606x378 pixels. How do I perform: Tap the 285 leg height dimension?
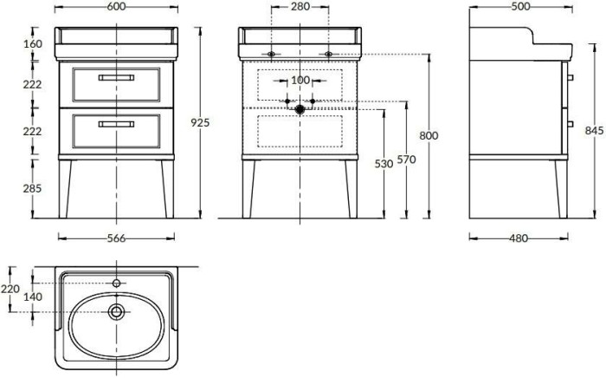click(x=33, y=188)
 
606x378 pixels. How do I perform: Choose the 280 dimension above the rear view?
click(x=299, y=7)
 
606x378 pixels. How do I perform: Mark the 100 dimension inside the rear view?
click(x=300, y=80)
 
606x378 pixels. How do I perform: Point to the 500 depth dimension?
click(x=521, y=7)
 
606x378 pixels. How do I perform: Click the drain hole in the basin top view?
click(x=116, y=311)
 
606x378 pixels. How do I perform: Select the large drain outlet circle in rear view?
click(x=300, y=109)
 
